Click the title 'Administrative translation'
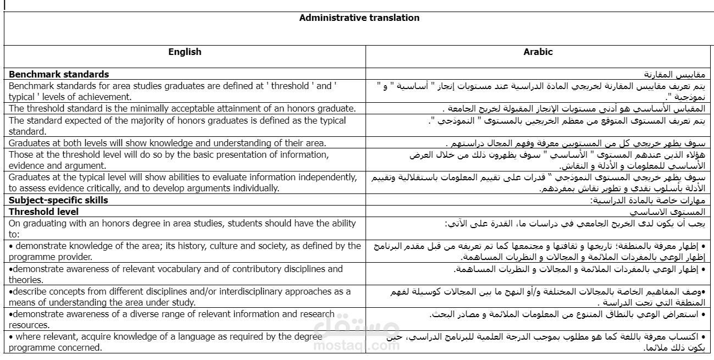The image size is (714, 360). [x=359, y=18]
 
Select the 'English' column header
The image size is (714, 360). [x=185, y=52]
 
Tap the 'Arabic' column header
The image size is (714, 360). [x=538, y=52]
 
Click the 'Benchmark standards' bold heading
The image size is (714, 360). [x=59, y=74]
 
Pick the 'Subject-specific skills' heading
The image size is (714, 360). [x=58, y=200]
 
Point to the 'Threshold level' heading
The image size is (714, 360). [x=44, y=212]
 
